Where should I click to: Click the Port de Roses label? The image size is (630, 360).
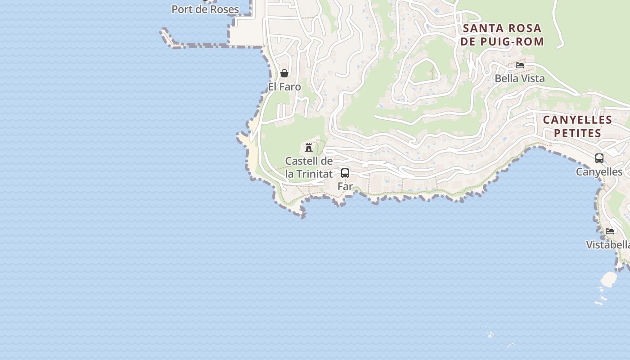pyautogui.click(x=205, y=9)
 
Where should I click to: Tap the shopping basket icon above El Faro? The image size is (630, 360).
pyautogui.click(x=284, y=73)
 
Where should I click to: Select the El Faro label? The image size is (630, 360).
pyautogui.click(x=284, y=86)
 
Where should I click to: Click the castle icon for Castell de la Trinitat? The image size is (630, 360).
pyautogui.click(x=309, y=147)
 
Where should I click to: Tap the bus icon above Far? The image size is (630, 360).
pyautogui.click(x=345, y=173)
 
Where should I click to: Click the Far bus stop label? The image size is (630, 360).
pyautogui.click(x=345, y=186)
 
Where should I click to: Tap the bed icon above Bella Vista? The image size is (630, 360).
pyautogui.click(x=520, y=65)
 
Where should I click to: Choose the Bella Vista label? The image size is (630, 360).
pyautogui.click(x=520, y=78)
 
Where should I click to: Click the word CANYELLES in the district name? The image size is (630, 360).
pyautogui.click(x=577, y=120)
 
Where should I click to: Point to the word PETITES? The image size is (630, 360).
pyautogui.click(x=577, y=133)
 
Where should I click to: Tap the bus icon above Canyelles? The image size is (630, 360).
pyautogui.click(x=599, y=158)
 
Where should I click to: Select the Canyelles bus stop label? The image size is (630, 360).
pyautogui.click(x=599, y=172)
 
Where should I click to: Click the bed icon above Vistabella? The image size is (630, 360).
pyautogui.click(x=610, y=231)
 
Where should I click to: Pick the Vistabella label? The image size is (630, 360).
pyautogui.click(x=607, y=245)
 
